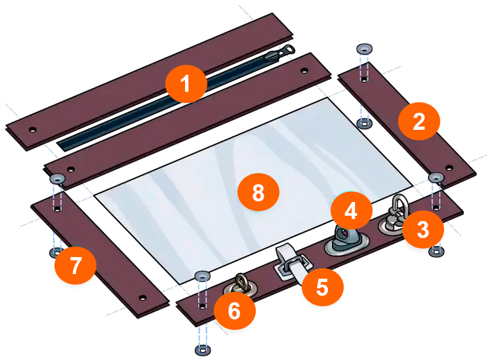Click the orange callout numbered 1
click(x=186, y=84)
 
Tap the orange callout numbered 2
click(x=419, y=121)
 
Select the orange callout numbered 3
click(x=423, y=230)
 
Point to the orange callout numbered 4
click(x=352, y=210)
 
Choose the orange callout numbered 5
click(x=323, y=287)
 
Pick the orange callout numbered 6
click(x=235, y=310)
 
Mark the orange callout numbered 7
click(x=75, y=266)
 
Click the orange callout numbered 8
click(x=258, y=192)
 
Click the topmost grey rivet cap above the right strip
click(x=364, y=49)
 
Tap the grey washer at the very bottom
click(x=203, y=350)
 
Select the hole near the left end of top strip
click(x=32, y=129)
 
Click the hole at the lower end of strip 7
click(x=142, y=297)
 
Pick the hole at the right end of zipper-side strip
click(x=304, y=70)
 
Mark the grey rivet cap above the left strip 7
click(x=58, y=179)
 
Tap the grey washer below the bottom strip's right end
click(x=436, y=252)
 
